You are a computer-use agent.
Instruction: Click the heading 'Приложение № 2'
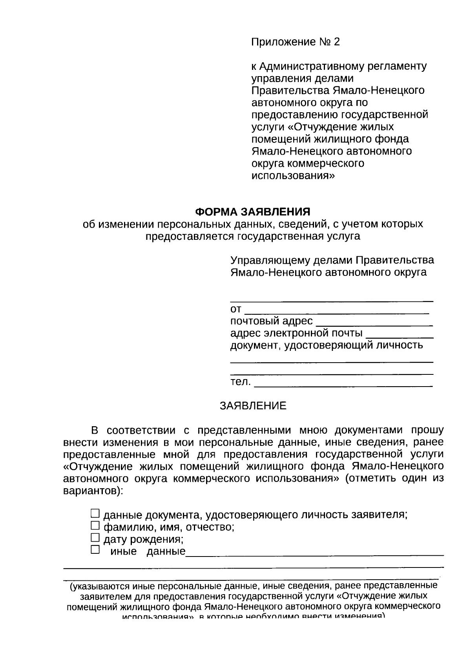pyautogui.click(x=295, y=42)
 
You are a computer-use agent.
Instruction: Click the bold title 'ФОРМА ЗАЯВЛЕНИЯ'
pyautogui.click(x=253, y=212)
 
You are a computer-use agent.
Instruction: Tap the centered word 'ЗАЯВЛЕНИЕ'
pyautogui.click(x=253, y=406)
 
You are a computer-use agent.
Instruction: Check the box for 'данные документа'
pyautogui.click(x=95, y=513)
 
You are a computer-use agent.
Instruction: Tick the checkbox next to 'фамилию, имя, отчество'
pyautogui.click(x=95, y=526)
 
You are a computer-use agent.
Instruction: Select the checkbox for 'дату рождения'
pyautogui.click(x=95, y=538)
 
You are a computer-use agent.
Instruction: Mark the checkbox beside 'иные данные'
pyautogui.click(x=95, y=550)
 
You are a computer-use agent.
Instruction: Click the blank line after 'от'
pyautogui.click(x=337, y=310)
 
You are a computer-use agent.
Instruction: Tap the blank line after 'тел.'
pyautogui.click(x=343, y=383)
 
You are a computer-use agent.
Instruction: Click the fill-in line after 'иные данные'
pyautogui.click(x=314, y=552)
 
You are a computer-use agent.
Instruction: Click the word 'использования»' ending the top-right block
pyautogui.click(x=293, y=176)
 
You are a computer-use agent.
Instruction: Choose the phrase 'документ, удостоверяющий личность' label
pyautogui.click(x=327, y=346)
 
